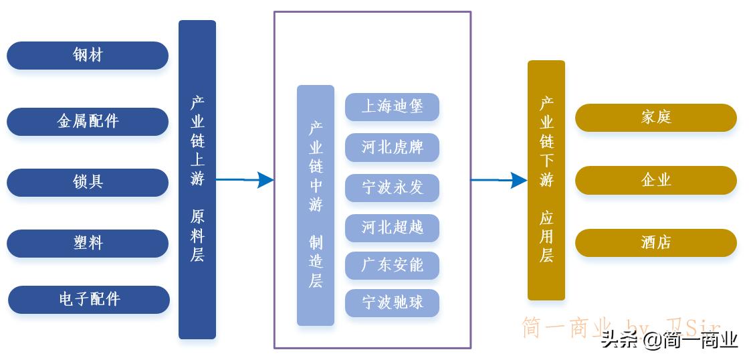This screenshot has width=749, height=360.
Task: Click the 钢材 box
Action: pos(88,56)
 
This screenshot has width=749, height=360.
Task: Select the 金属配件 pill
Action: pos(88,122)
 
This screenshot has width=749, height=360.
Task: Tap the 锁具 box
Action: pos(88,182)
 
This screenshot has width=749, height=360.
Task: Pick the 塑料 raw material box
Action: pos(88,243)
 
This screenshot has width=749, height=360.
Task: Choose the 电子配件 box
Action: pos(89,299)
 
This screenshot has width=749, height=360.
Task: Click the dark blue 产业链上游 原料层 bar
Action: pos(197,179)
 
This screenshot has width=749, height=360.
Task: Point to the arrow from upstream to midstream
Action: pos(245,180)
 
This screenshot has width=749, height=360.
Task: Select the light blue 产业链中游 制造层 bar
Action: pos(316,205)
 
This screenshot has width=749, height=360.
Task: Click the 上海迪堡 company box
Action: pos(392,107)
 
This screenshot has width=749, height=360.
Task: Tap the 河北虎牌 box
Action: pos(392,147)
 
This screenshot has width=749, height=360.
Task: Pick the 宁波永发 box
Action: pos(392,188)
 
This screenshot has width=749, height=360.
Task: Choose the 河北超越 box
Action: pos(392,228)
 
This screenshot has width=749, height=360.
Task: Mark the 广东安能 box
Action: pos(392,266)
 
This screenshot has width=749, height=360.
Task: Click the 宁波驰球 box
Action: pos(392,303)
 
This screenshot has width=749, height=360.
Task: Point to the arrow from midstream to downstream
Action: pos(499,180)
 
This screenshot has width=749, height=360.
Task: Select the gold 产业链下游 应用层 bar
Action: pos(546,180)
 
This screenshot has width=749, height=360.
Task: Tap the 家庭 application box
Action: pos(655,118)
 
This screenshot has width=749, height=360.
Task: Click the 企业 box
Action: pos(655,180)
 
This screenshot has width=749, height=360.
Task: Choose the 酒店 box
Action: pos(655,243)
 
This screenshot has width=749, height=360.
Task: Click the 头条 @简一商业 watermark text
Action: pos(669,340)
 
